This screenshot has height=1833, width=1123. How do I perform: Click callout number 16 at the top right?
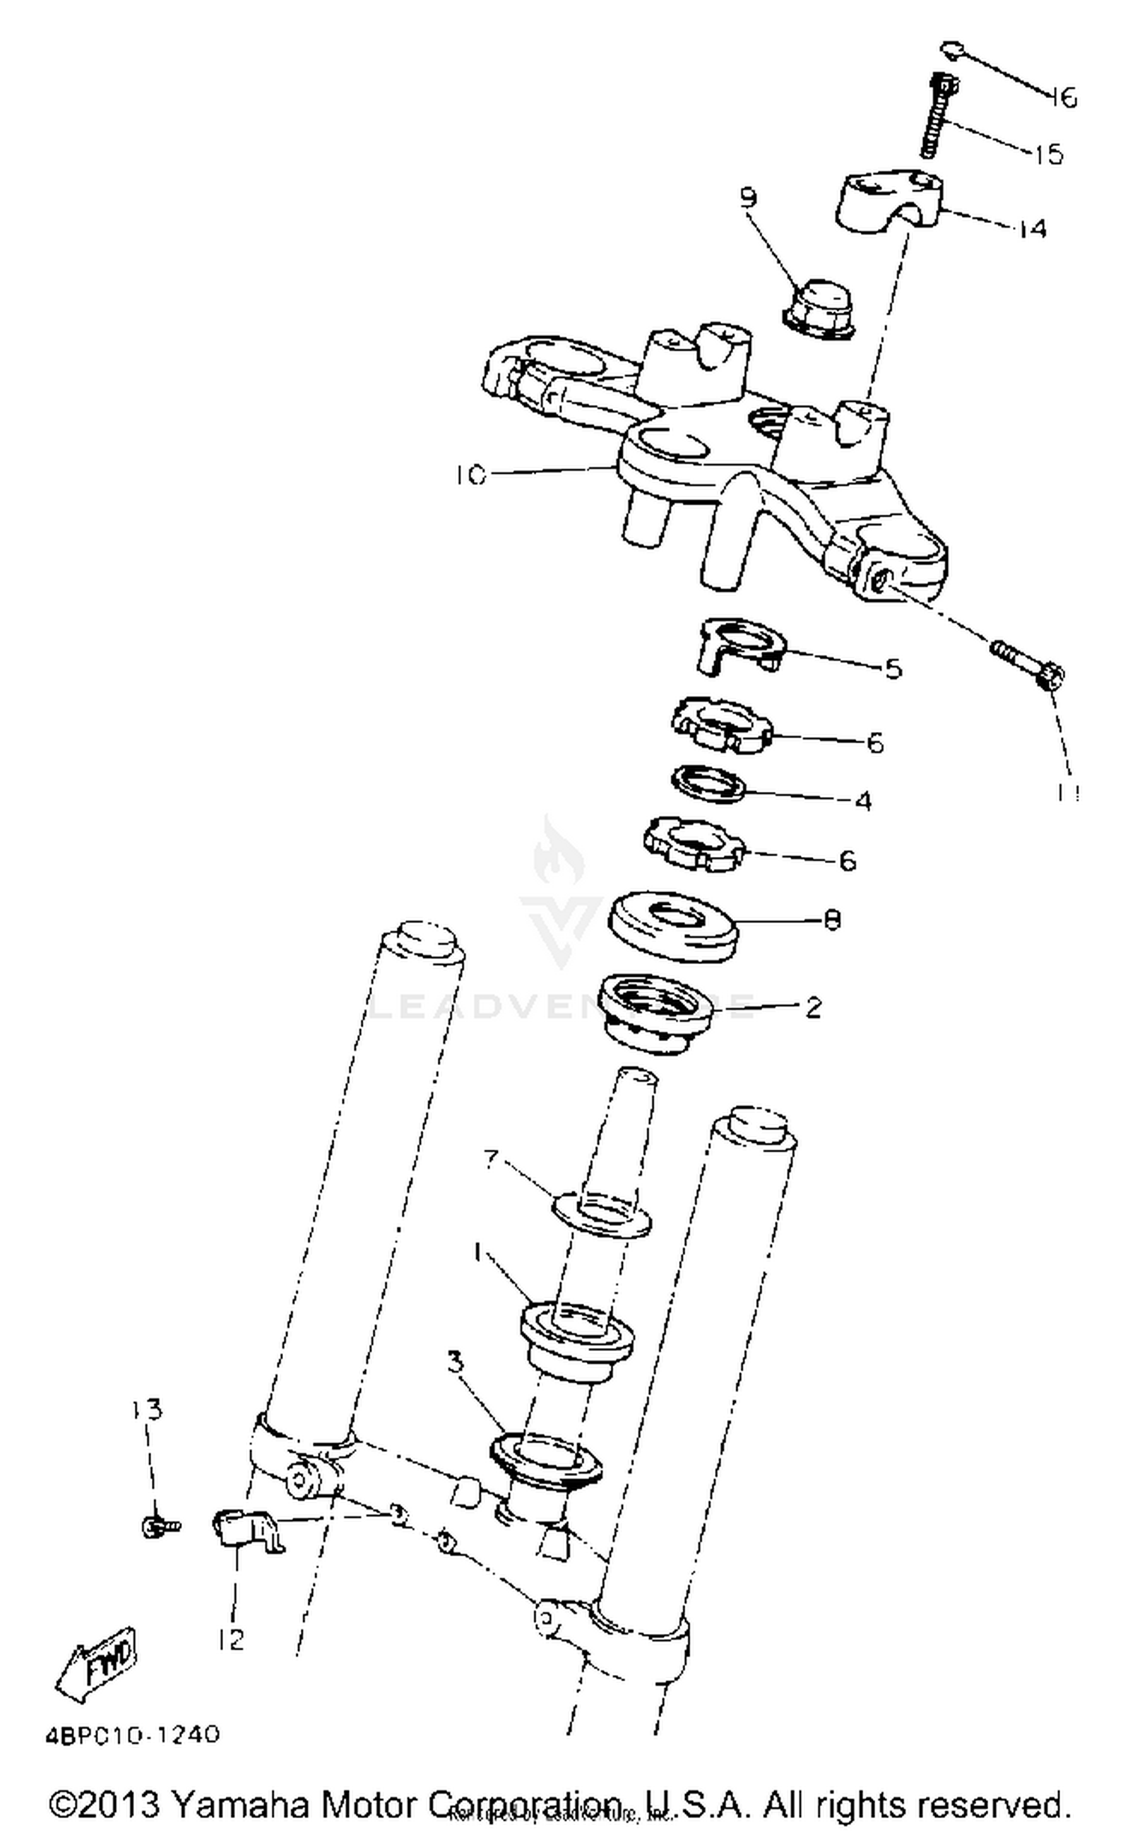[x=1062, y=97]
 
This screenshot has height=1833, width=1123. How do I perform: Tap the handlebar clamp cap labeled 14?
[x=888, y=201]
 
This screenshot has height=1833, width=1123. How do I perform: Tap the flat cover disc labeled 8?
[x=672, y=926]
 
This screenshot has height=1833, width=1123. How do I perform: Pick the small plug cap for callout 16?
[x=950, y=49]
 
